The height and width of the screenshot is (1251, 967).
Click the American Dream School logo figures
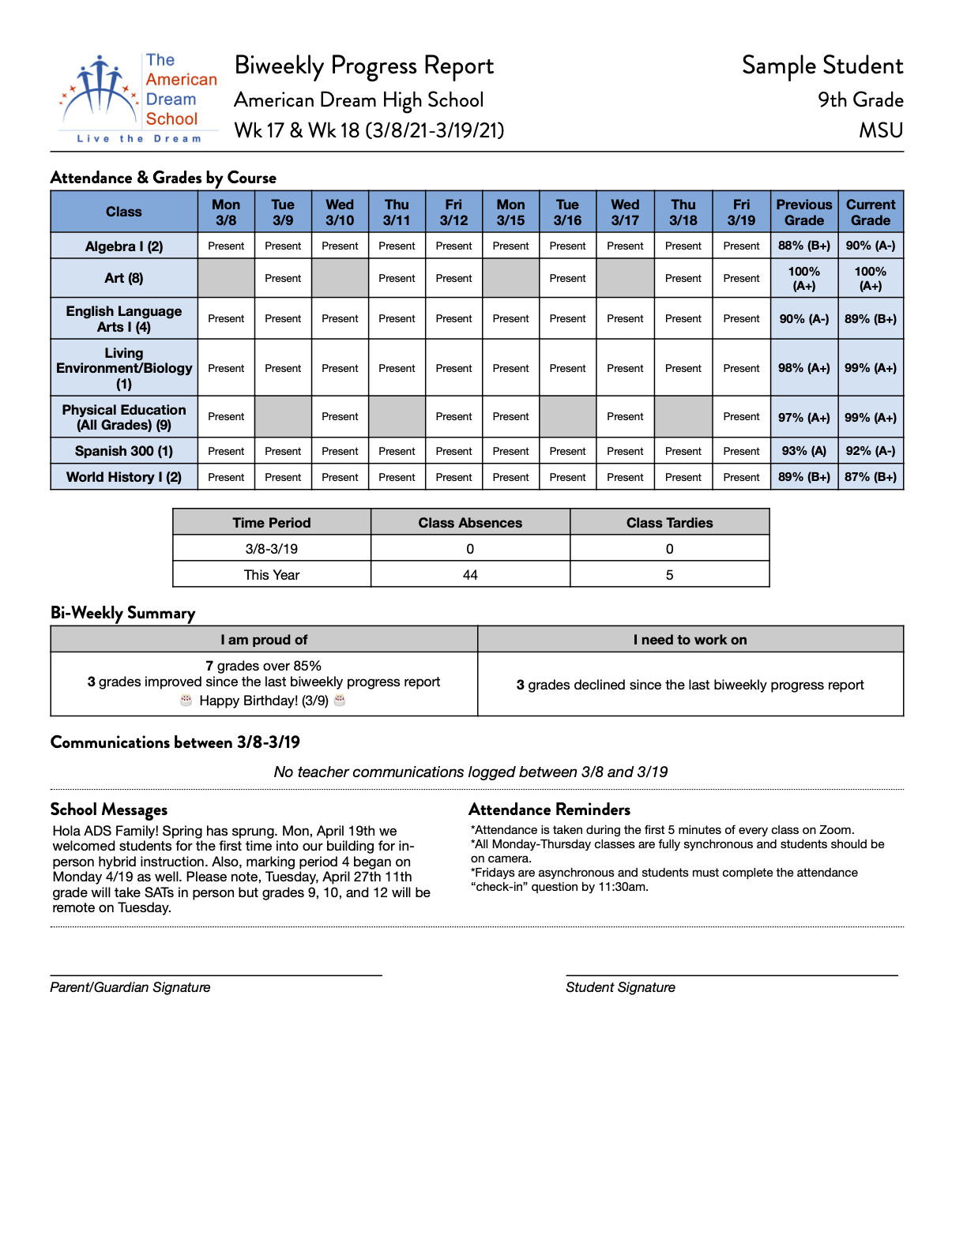click(x=100, y=88)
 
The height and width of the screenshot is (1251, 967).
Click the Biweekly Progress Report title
click(x=363, y=66)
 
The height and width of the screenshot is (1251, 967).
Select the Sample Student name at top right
click(x=822, y=66)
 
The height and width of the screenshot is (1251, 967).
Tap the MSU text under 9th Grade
click(x=881, y=130)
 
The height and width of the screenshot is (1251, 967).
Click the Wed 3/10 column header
click(x=340, y=212)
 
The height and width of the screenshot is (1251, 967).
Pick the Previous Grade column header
click(x=803, y=212)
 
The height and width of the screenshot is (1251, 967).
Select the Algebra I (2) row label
click(x=124, y=246)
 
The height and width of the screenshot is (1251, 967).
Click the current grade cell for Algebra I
click(x=870, y=246)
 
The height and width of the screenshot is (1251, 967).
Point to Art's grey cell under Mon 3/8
click(x=226, y=278)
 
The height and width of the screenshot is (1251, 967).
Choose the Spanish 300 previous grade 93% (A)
click(x=803, y=451)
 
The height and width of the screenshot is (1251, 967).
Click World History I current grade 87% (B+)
click(x=870, y=477)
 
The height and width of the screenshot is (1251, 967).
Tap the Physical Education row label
click(x=124, y=417)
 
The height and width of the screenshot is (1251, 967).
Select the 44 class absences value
click(x=470, y=575)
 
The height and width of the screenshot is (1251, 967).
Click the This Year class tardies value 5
click(x=669, y=575)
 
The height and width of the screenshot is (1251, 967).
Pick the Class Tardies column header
click(x=669, y=523)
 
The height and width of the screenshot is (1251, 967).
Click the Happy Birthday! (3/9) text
click(x=264, y=701)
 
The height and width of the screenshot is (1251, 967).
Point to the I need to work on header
click(x=690, y=640)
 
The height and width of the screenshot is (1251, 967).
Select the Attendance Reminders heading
click(x=549, y=810)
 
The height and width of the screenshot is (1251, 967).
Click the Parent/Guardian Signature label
click(x=130, y=987)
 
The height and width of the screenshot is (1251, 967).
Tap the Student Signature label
click(x=620, y=987)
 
